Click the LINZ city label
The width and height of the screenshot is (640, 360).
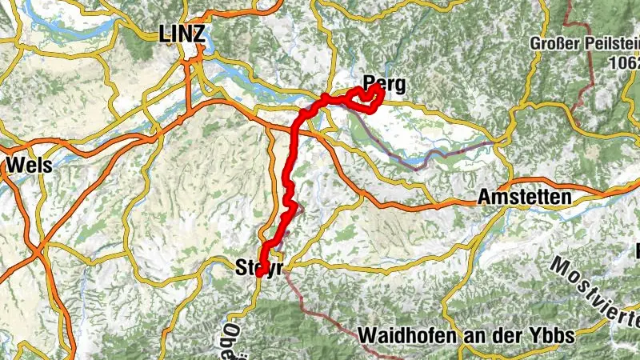coord(182,33)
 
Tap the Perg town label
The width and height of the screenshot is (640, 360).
coord(384,82)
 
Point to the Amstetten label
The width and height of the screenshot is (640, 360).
coord(524,197)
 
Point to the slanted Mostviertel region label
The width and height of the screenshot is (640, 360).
coord(595,292)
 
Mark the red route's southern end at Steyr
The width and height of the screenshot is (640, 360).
coord(259,274)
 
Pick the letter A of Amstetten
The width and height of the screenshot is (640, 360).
coord(484,197)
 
